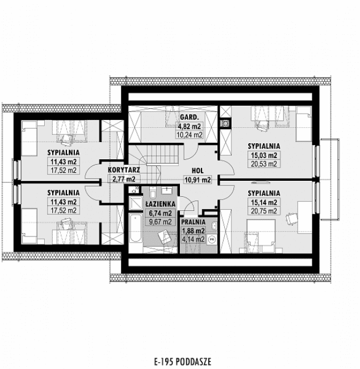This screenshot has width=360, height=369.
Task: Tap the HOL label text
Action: [198, 170]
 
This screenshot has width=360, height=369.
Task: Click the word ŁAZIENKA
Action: [159, 203]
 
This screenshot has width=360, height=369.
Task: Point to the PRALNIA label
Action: [194, 222]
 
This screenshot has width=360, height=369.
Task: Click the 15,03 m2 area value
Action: [263, 155]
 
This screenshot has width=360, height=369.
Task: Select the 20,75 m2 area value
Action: [263, 211]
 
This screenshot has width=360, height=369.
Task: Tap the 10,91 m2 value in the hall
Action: [198, 180]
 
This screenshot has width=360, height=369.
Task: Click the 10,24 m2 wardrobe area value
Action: [190, 135]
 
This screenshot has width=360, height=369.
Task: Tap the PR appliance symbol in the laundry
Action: [212, 240]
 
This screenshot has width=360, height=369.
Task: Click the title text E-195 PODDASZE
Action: [180, 360]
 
